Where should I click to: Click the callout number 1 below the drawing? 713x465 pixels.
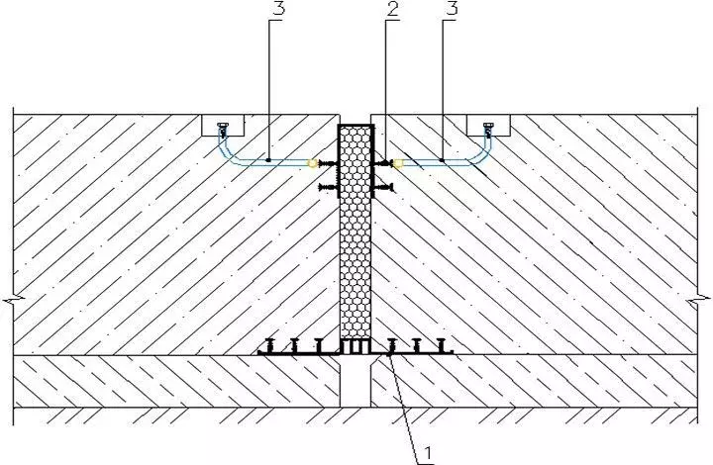tap(429, 454)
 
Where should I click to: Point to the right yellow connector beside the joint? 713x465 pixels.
tap(397, 161)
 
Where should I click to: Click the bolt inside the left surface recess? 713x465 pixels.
tap(225, 128)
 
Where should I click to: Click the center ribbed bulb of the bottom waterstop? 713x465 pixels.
tap(356, 347)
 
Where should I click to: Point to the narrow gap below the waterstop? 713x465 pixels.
tap(355, 382)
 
